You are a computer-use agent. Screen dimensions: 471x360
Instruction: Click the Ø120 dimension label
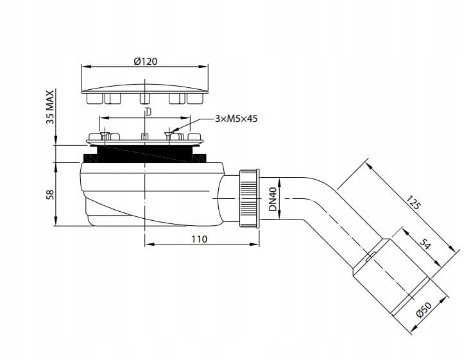[x=146, y=62]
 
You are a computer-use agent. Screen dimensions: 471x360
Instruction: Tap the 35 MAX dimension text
[x=50, y=107]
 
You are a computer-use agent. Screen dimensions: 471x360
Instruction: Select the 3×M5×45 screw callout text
[x=236, y=119]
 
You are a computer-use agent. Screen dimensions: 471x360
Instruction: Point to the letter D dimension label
[x=148, y=112]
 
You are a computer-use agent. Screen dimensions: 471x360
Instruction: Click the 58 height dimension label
[x=51, y=194]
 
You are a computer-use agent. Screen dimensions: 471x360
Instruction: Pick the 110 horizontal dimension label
[x=200, y=239]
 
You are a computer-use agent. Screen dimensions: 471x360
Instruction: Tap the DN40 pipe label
[x=273, y=199]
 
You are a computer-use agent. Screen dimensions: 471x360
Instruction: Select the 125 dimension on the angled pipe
[x=414, y=202]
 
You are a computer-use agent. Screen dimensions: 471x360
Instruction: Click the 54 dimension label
[x=425, y=244]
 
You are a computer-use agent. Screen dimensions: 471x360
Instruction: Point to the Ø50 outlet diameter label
[x=424, y=309]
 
